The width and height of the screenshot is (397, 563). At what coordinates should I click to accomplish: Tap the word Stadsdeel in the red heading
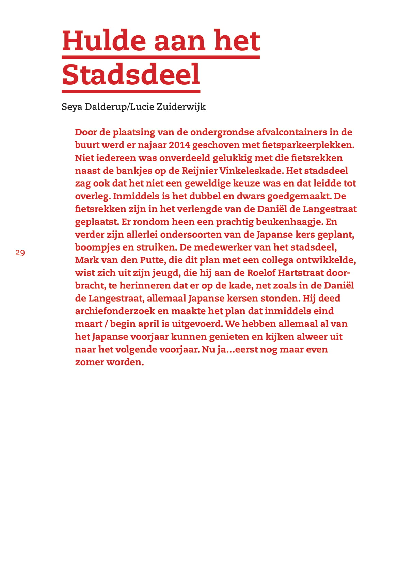(x=131, y=75)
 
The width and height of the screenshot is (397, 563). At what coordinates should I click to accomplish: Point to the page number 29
(x=20, y=253)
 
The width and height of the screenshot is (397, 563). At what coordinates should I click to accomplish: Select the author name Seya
(x=72, y=107)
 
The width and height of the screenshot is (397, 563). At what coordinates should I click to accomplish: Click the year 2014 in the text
(x=179, y=145)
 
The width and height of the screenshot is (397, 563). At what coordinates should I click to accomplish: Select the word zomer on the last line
(x=89, y=362)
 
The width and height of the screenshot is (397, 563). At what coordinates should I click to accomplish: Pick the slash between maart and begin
(x=106, y=324)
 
